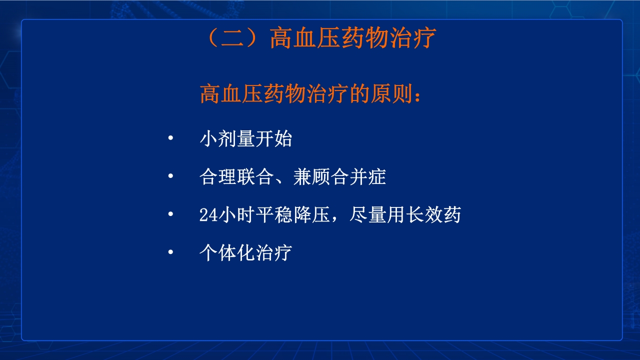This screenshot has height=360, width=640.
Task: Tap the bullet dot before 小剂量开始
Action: click(171, 138)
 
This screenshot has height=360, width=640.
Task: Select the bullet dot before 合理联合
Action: click(171, 176)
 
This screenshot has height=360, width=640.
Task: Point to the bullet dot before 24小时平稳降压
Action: click(171, 214)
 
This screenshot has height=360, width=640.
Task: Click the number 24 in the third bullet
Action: click(207, 215)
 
